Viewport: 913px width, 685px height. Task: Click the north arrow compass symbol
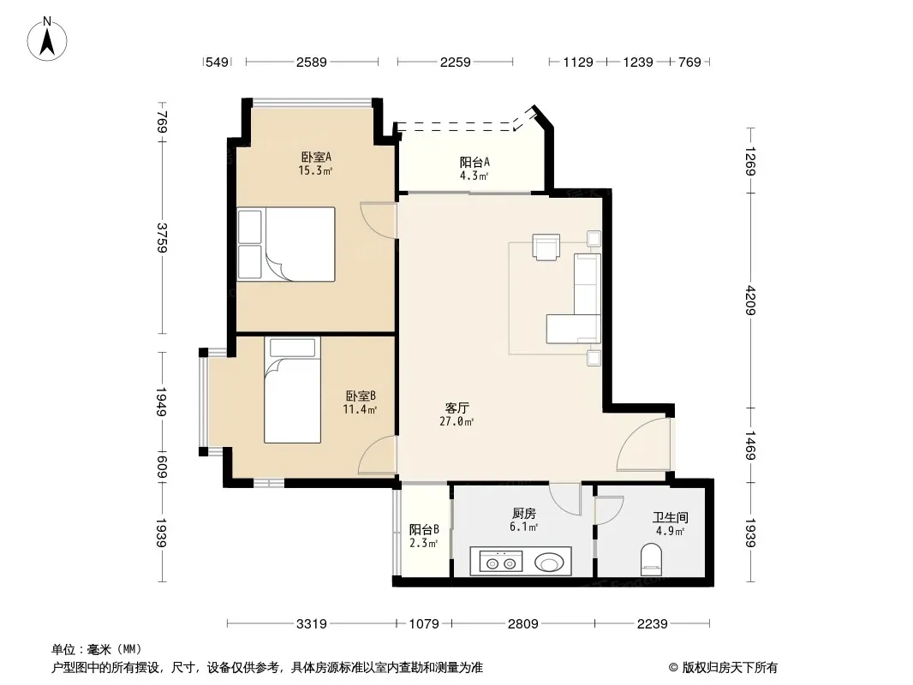pos(47,39)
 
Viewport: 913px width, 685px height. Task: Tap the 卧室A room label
pos(316,158)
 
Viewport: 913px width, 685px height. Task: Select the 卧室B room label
pos(361,396)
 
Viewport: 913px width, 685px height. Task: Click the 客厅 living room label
pos(457,408)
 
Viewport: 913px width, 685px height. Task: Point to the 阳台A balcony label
pos(474,163)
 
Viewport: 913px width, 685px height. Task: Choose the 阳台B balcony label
pos(424,530)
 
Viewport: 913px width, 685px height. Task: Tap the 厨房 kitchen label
pos(524,513)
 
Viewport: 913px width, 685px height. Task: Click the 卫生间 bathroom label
pos(671,517)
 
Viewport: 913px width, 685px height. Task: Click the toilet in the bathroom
pos(651,559)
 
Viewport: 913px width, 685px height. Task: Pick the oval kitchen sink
pos(549,563)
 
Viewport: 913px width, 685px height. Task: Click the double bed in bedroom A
pos(286,244)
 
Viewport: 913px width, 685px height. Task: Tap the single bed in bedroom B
pos(292,390)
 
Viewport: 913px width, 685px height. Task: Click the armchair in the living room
pos(546,247)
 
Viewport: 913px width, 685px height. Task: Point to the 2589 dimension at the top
pos(312,62)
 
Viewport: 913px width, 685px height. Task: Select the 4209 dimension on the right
pos(750,301)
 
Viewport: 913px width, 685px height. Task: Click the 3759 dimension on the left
pos(162,237)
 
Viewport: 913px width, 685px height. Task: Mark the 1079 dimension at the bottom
pos(424,624)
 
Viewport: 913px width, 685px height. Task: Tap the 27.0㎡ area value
pos(456,421)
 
